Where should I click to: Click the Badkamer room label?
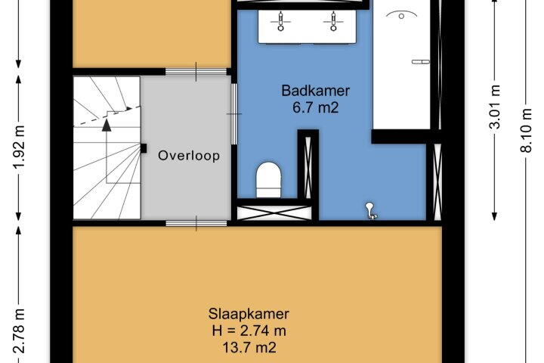coord(315,91)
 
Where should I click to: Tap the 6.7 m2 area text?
coord(315,107)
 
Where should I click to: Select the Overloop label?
coord(189,155)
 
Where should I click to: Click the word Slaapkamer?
coord(249,314)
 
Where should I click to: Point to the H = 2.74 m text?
coord(249,330)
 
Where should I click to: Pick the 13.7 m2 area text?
coord(249,347)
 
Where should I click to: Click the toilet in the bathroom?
coord(268,179)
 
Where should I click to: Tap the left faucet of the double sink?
coord(280,21)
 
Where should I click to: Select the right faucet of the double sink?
coord(333,21)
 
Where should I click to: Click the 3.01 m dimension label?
coord(495,107)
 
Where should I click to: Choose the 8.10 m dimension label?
coord(526,130)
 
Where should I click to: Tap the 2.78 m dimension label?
coord(20,330)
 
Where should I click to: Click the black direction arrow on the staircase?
coord(107,125)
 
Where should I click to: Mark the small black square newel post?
coord(144,148)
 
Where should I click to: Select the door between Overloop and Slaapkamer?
coord(196,223)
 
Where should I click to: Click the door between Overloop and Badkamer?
coord(234,113)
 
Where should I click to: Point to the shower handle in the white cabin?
coord(421,62)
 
